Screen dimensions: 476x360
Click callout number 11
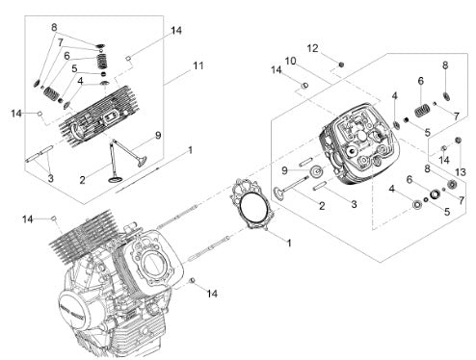point(198,65)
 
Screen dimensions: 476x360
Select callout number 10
point(290,61)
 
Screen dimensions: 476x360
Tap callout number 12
point(312,48)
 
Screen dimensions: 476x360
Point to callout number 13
point(461,172)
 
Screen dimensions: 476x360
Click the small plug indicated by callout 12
point(342,64)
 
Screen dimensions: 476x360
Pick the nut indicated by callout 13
point(458,141)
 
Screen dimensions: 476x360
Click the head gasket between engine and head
point(252,204)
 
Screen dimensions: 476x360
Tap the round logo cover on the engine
point(73,311)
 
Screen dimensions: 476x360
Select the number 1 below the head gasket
point(289,244)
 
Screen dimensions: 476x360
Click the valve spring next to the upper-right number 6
point(422,111)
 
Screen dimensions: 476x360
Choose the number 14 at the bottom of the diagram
point(212,294)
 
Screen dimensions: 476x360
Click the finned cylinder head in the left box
point(99,116)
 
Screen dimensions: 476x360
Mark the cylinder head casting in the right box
point(359,144)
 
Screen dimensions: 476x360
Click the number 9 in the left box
point(158,136)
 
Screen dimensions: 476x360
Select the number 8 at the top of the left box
point(54,27)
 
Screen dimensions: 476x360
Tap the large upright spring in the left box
point(102,61)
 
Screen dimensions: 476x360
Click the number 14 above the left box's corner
point(176,31)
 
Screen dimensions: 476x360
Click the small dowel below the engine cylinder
point(193,280)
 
